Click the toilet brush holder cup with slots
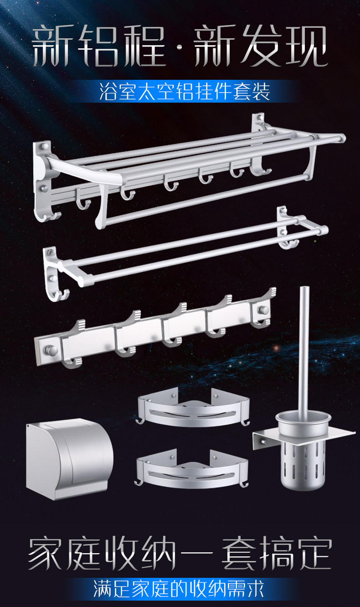pyautogui.click(x=303, y=450)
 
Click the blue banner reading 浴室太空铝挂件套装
pyautogui.click(x=185, y=91)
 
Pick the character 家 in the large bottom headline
pyautogui.click(x=46, y=553)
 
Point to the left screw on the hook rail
pyautogui.click(x=51, y=350)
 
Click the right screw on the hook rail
pyautogui.click(x=263, y=309)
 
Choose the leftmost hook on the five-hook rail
pyautogui.click(x=72, y=344)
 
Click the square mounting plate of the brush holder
pyautogui.click(x=303, y=433)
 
